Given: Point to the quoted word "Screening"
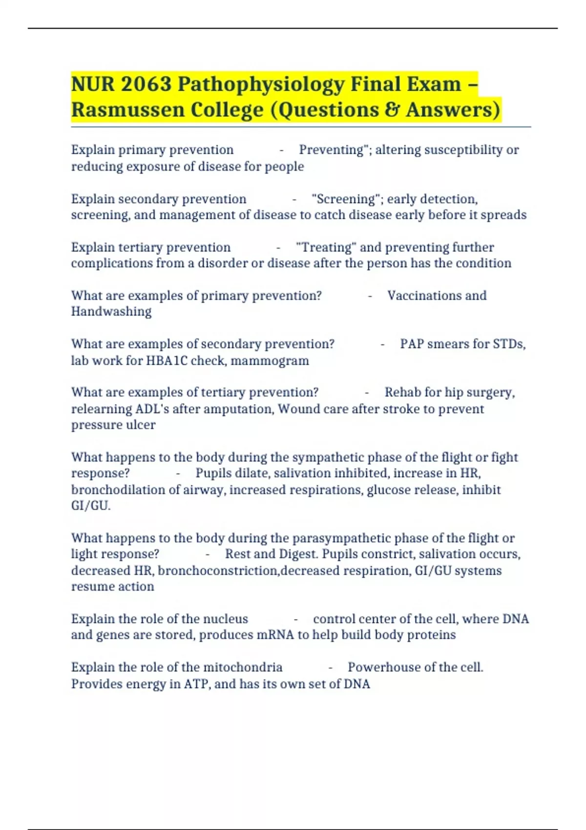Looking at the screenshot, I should pos(346,199).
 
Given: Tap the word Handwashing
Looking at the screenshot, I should pos(111,311).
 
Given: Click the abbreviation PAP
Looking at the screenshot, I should pos(412,344).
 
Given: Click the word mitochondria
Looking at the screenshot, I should pos(243,667).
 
